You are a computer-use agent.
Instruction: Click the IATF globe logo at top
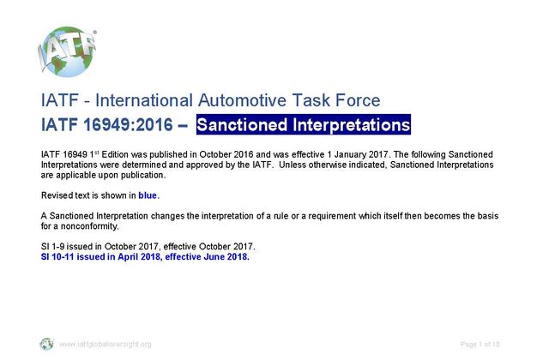click(x=67, y=51)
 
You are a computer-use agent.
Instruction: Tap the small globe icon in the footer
click(x=46, y=344)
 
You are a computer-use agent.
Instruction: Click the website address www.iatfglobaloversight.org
click(x=105, y=345)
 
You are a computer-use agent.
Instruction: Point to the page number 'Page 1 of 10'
click(x=480, y=345)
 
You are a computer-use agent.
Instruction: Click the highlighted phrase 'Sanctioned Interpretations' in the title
click(x=303, y=124)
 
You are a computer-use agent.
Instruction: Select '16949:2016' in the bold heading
click(x=128, y=124)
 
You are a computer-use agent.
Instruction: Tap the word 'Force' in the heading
click(x=358, y=100)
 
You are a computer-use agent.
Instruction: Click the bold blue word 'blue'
click(x=148, y=195)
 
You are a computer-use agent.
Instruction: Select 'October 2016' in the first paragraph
click(x=226, y=154)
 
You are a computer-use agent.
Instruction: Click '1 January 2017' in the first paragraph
click(x=358, y=154)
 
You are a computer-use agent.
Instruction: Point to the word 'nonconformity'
click(x=89, y=226)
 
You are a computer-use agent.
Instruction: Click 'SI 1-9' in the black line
click(x=52, y=246)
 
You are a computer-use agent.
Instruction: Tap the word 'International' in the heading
click(x=144, y=100)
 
